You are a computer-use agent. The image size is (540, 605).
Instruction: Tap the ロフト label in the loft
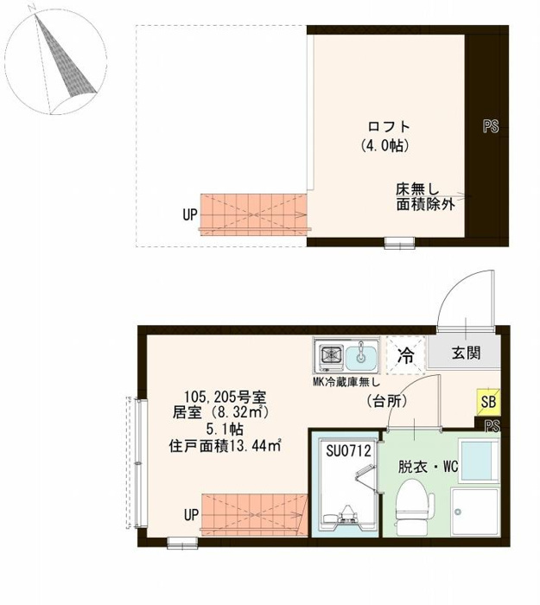389,126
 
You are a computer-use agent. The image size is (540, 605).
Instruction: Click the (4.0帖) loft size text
385,146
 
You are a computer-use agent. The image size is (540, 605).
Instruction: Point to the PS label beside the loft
491,126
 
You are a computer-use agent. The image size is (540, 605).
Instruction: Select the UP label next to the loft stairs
190,214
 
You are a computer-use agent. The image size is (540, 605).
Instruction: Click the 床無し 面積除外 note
425,197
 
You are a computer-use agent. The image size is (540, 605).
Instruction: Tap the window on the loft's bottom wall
400,243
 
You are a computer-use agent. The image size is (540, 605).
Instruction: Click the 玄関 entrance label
467,353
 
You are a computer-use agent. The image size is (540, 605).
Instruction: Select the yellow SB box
488,402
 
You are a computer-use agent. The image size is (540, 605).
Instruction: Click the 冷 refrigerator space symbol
406,355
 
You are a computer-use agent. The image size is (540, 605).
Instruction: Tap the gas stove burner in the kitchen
332,354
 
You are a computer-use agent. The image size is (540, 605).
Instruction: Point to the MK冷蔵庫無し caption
346,382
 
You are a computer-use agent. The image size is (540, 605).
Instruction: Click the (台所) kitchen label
387,402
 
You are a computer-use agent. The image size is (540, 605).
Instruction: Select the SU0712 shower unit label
349,450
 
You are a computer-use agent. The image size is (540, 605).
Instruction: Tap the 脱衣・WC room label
429,467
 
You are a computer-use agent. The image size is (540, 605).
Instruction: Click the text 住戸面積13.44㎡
225,446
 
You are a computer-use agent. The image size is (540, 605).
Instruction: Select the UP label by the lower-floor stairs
191,515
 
